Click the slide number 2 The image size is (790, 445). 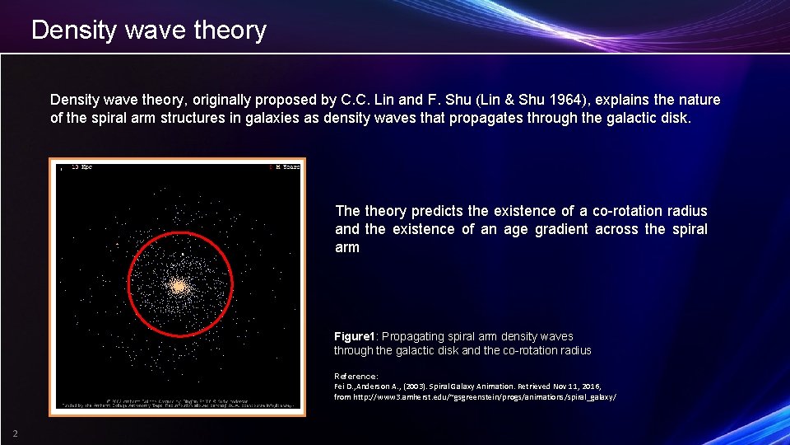(15, 434)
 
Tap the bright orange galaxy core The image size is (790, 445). (178, 287)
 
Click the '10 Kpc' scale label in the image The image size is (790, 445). (81, 167)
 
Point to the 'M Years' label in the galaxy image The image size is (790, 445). (286, 167)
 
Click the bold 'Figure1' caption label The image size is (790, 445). (355, 336)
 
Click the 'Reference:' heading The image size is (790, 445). (355, 376)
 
